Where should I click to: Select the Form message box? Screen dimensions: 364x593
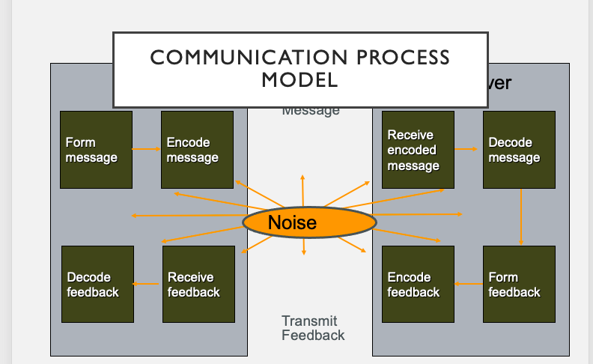point(96,149)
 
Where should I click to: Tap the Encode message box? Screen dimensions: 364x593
point(197,149)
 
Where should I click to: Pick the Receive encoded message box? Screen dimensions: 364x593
point(418,149)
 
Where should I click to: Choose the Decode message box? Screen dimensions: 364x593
point(519,149)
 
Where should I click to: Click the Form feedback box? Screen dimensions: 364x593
point(519,284)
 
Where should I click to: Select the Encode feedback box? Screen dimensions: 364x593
point(418,284)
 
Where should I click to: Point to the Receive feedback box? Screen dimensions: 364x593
point(199,284)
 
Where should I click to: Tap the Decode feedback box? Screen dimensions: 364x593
point(97,284)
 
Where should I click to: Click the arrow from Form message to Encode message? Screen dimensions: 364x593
point(147,149)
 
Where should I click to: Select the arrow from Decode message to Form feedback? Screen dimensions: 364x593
point(521,216)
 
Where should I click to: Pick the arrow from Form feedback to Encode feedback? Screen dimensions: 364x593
point(468,284)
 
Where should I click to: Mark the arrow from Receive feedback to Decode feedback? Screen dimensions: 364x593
point(148,284)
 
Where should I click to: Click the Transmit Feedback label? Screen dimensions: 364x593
point(313,328)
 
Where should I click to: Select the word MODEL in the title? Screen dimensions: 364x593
point(299,79)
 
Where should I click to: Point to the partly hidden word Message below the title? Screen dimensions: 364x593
point(311,112)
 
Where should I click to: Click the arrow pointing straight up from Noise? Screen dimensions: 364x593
point(302,191)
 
